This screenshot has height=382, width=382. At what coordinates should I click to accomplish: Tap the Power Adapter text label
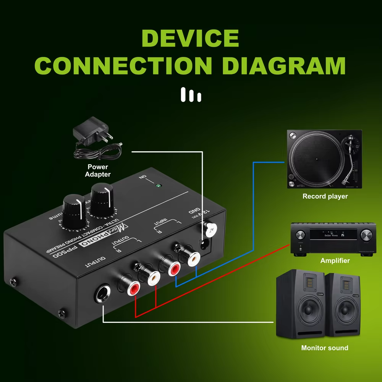(98, 170)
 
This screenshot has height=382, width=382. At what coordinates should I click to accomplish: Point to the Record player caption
(325, 196)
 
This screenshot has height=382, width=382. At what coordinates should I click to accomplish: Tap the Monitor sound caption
(325, 348)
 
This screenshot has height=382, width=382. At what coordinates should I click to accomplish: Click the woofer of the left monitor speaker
(301, 310)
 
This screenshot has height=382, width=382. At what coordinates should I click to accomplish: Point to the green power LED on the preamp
(158, 186)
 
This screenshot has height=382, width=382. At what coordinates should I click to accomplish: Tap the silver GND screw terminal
(210, 228)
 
